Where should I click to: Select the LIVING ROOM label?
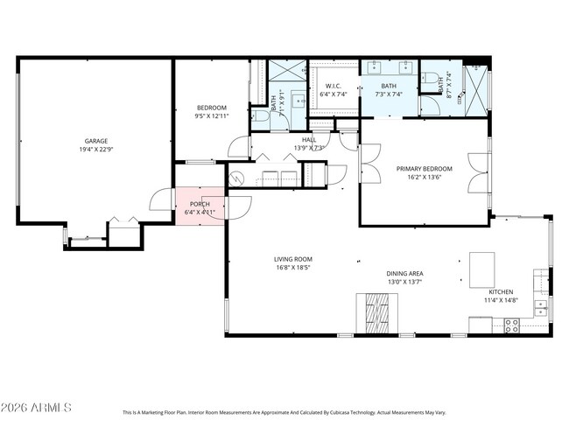point(293,259)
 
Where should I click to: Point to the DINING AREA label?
point(404,274)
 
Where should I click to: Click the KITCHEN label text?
point(501,291)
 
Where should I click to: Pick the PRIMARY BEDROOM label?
point(425,168)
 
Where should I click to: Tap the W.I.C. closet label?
point(334,86)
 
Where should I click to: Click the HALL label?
point(308,139)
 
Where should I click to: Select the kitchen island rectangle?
point(482,269)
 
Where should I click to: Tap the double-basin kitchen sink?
point(541,307)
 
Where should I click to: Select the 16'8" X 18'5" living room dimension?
point(293,268)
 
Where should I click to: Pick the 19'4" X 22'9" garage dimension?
point(96,150)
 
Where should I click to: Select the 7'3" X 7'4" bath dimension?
point(388,94)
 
